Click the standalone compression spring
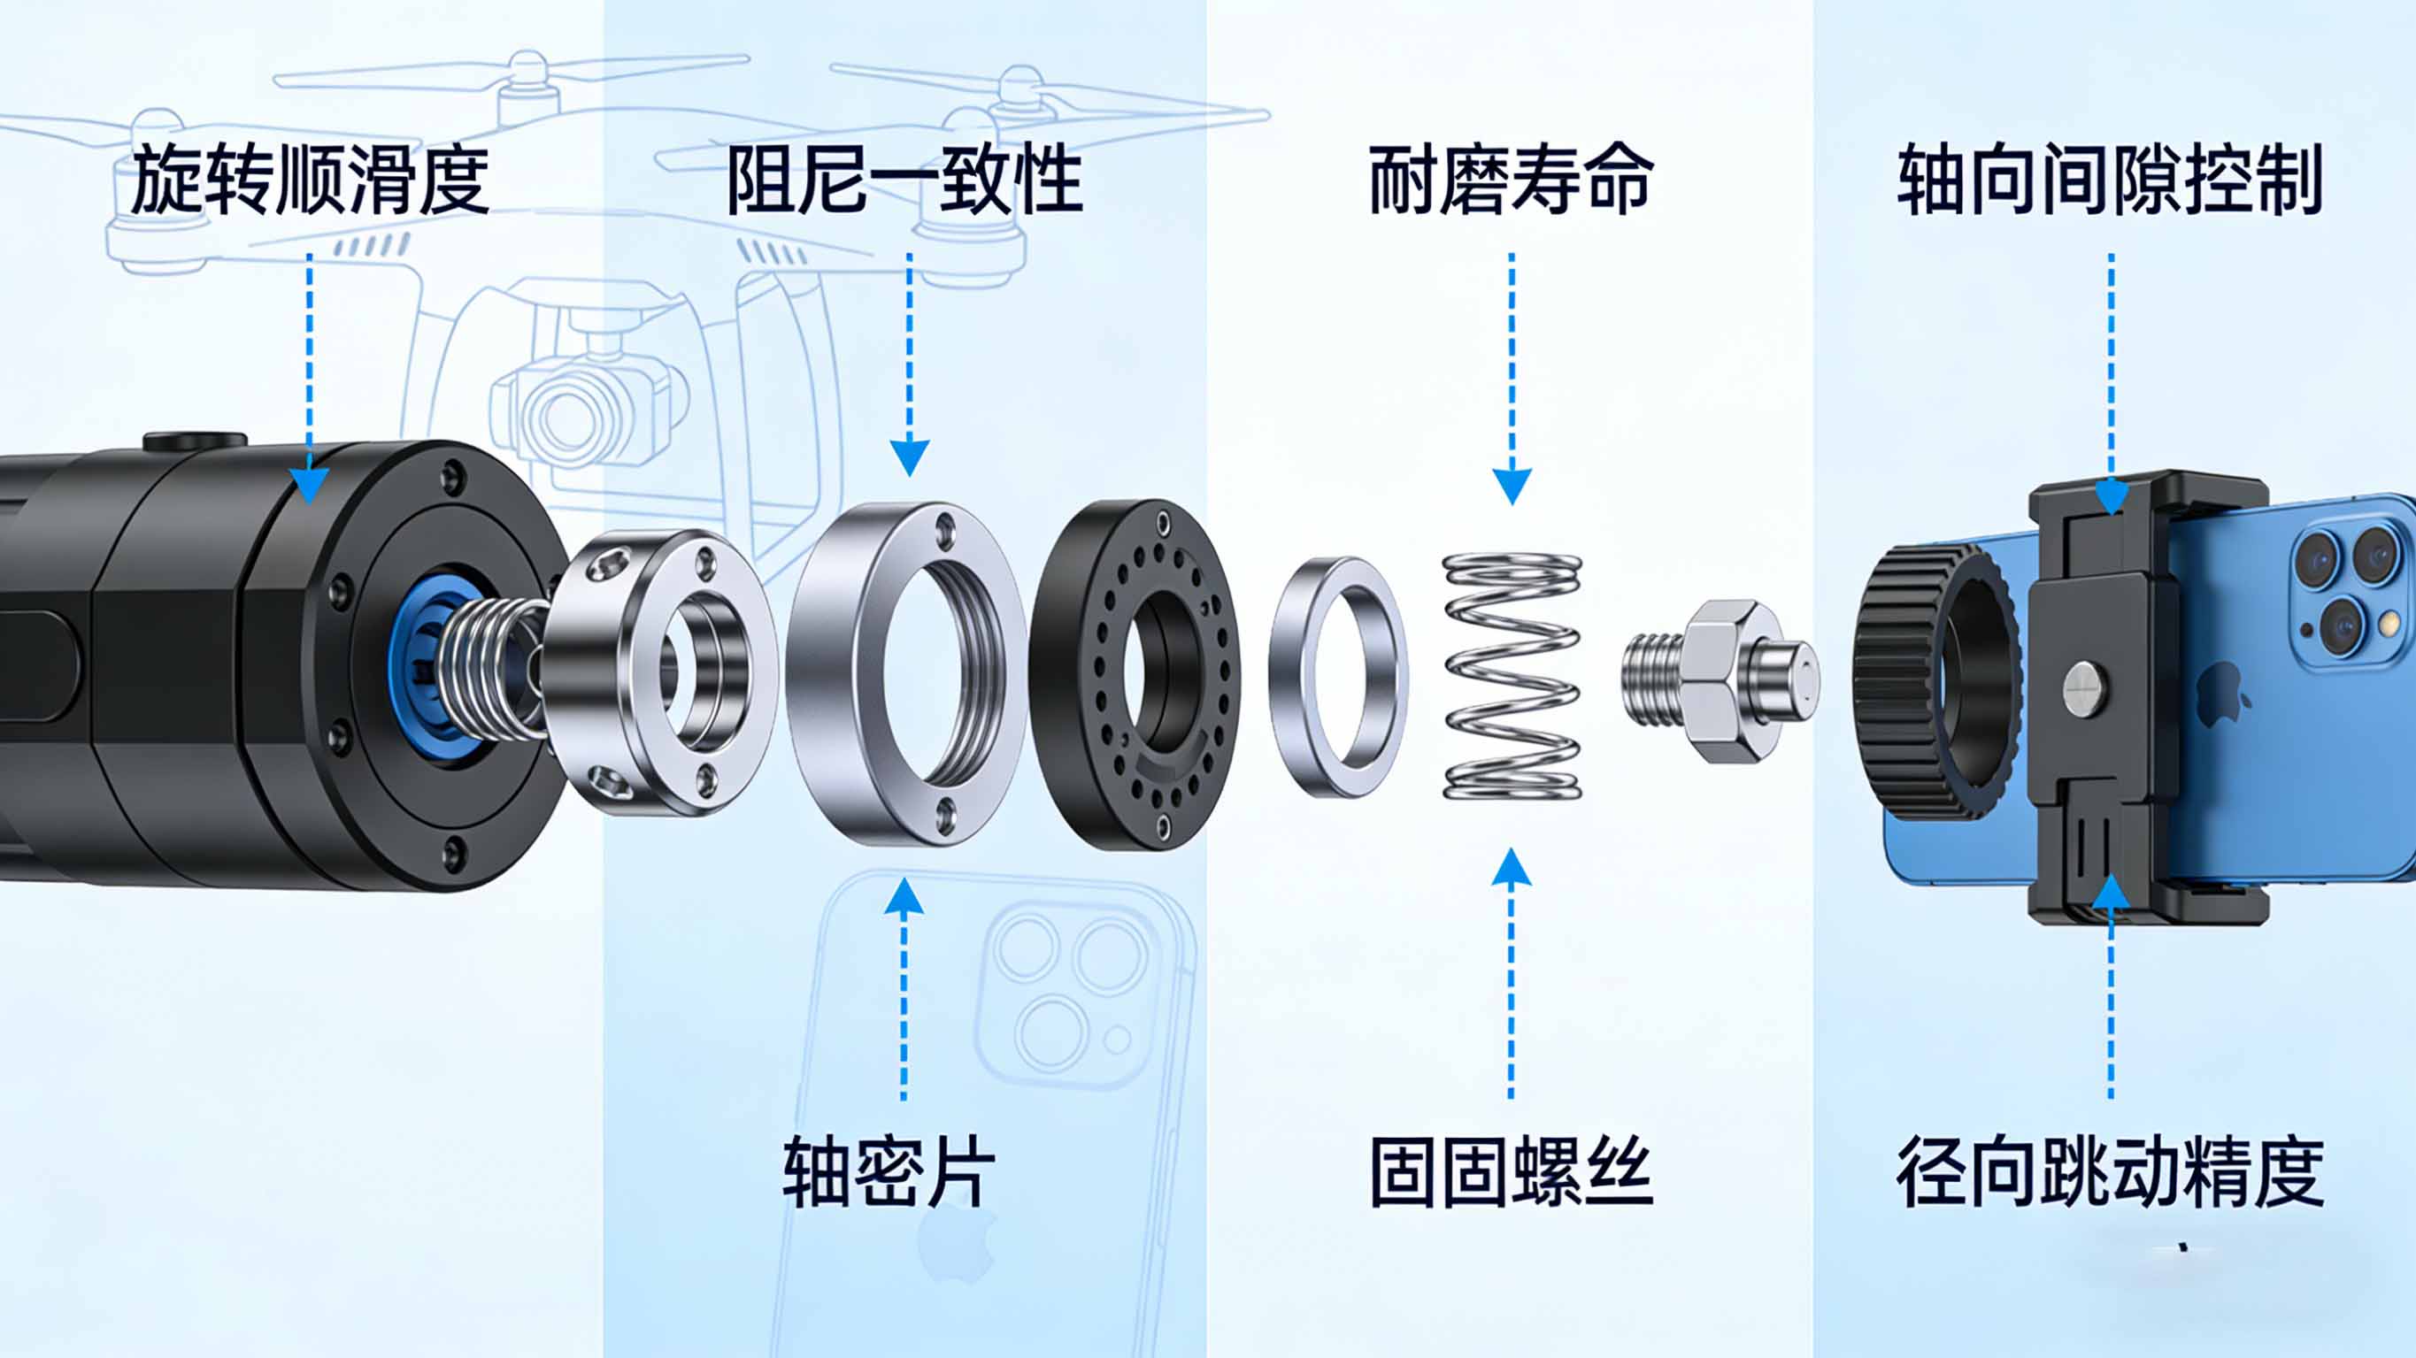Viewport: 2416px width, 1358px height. [x=1512, y=676]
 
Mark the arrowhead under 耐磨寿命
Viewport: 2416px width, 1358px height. [x=1512, y=486]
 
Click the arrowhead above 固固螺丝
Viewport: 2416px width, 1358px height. [x=1511, y=868]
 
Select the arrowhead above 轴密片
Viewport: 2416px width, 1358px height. [x=904, y=896]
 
